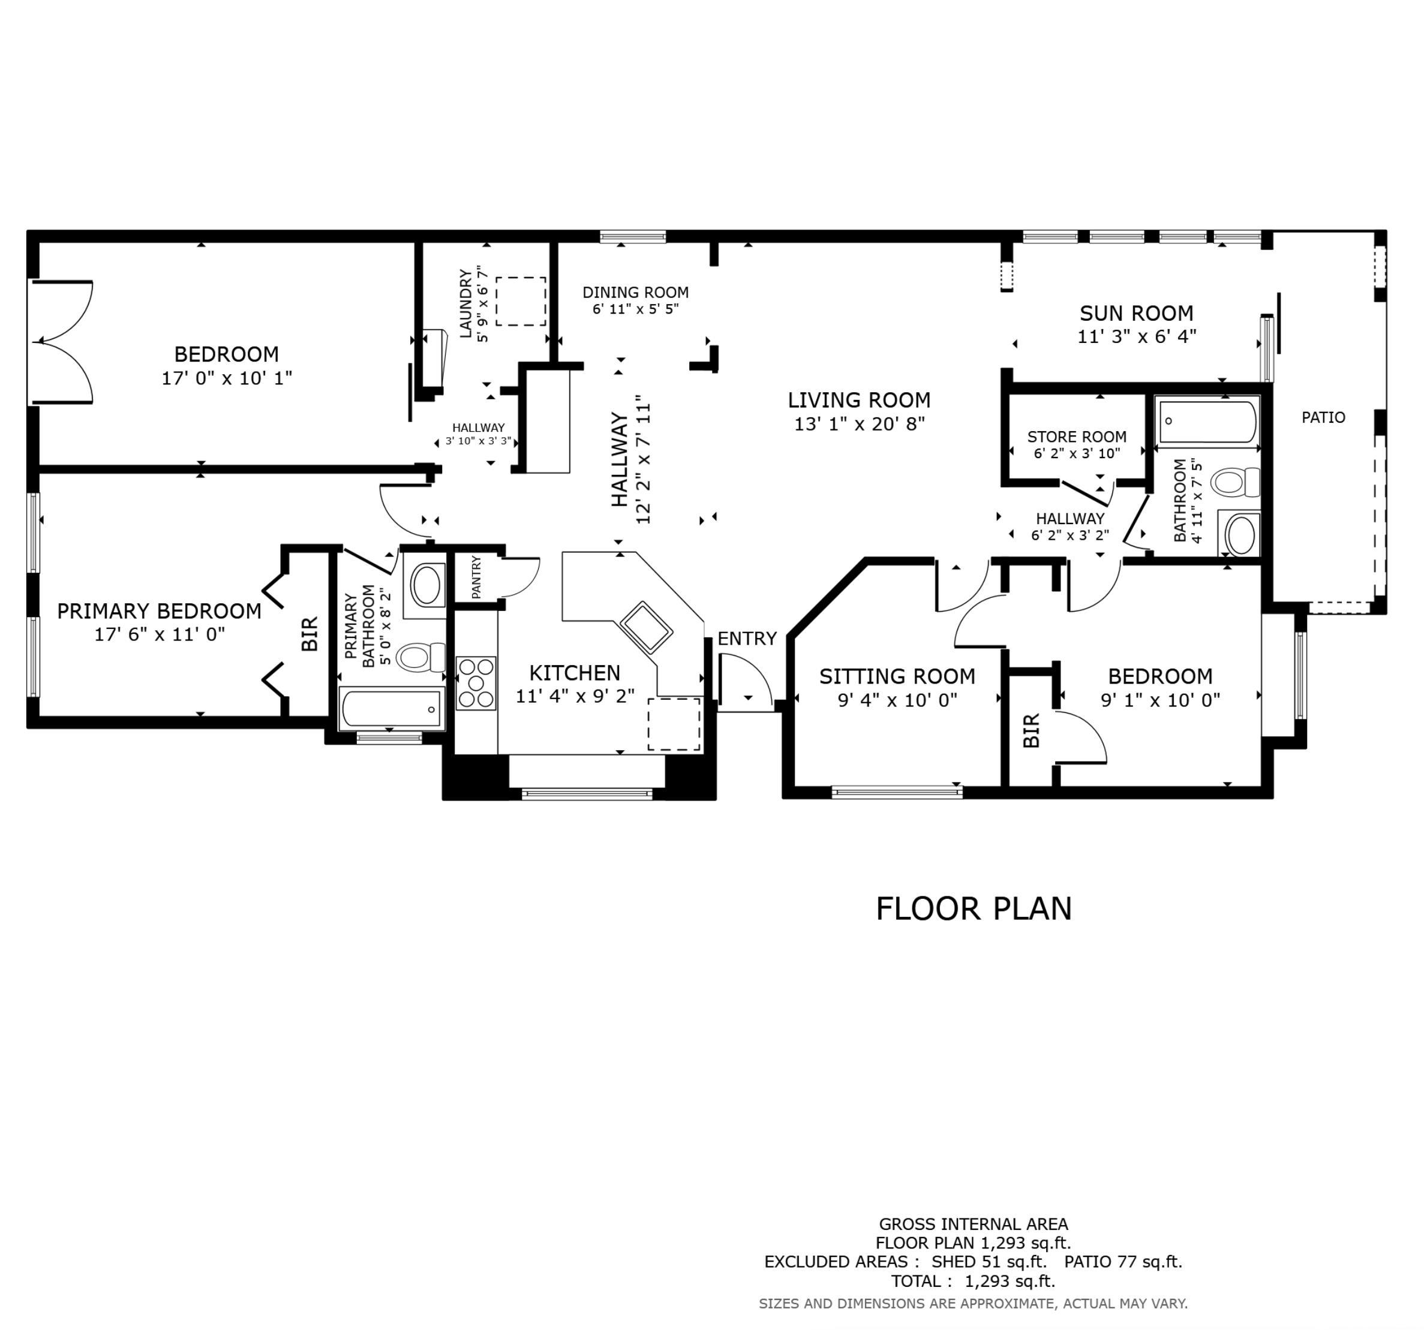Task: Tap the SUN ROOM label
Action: [x=1137, y=313]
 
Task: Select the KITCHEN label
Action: [x=575, y=673]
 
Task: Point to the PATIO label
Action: [x=1323, y=417]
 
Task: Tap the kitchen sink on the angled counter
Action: [x=646, y=627]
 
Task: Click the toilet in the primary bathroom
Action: [x=420, y=657]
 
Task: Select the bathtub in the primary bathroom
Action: [x=391, y=708]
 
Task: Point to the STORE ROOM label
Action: [x=1077, y=437]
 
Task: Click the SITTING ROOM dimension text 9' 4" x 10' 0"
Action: [x=897, y=700]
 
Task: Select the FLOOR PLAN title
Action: [x=974, y=909]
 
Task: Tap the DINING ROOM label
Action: [x=635, y=292]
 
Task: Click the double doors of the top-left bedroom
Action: [x=62, y=342]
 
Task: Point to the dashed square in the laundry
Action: [x=521, y=302]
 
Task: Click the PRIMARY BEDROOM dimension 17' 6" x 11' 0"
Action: [x=160, y=634]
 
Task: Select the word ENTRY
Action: [x=747, y=638]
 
